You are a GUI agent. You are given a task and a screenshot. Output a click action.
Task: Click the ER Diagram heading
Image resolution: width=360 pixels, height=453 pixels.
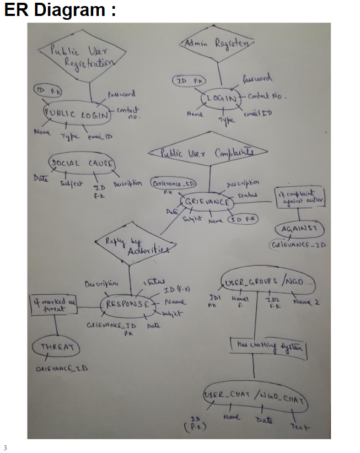point(60,10)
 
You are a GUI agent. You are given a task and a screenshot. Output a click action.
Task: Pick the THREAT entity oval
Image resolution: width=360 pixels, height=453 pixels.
point(56,348)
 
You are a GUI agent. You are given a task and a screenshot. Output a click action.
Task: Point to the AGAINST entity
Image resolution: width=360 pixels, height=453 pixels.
point(299,229)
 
